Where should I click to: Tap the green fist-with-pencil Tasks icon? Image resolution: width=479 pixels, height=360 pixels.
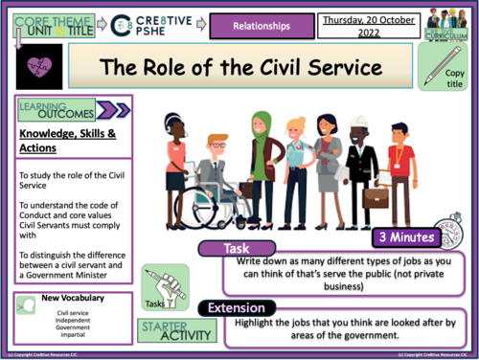click(158, 284)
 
